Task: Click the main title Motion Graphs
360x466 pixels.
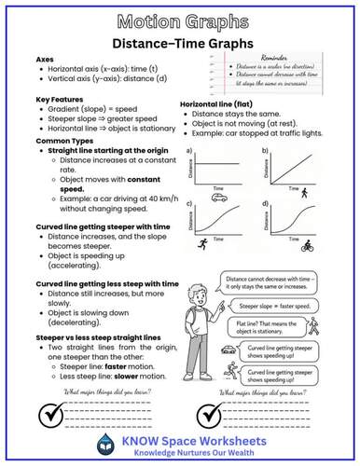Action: coord(179,21)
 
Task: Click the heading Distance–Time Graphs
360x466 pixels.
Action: coord(179,43)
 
